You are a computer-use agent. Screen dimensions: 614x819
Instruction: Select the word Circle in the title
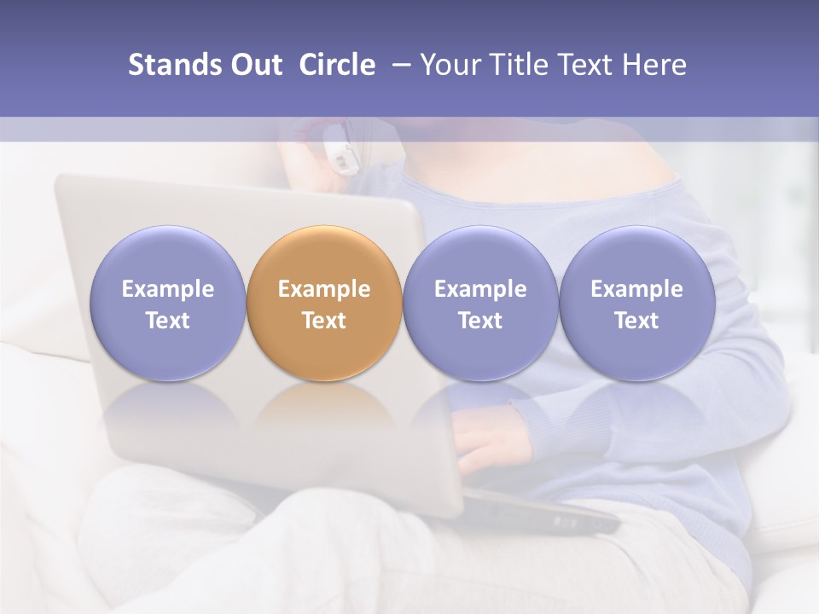click(x=337, y=65)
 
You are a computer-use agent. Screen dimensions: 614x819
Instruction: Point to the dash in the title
click(x=398, y=65)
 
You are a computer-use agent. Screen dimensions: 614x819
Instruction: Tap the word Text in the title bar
click(x=587, y=65)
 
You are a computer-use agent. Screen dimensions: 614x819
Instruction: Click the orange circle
click(x=324, y=256)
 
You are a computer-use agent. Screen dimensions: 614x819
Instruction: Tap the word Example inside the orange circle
click(x=324, y=289)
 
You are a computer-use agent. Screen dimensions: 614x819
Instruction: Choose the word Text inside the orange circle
click(x=324, y=321)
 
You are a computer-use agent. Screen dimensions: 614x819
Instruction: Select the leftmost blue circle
click(x=167, y=256)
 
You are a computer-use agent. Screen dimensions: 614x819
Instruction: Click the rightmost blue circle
click(x=636, y=256)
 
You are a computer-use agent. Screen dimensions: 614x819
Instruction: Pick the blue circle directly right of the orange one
click(x=480, y=256)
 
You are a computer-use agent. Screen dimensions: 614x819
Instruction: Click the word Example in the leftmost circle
click(x=167, y=289)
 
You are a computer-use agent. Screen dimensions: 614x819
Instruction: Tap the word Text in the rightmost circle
click(x=636, y=321)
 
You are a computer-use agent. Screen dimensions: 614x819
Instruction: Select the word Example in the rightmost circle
click(x=636, y=289)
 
